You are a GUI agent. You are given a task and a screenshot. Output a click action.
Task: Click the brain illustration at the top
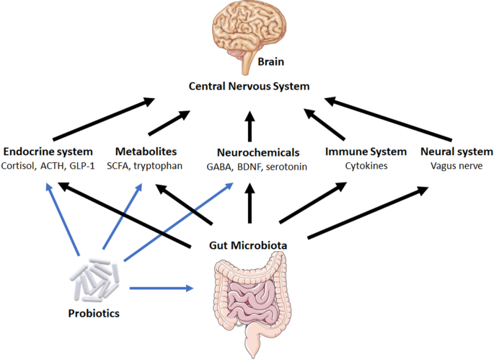coord(248,33)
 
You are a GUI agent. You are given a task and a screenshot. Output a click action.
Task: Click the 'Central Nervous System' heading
coord(249,87)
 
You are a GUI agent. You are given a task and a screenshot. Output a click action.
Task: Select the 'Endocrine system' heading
coord(48,152)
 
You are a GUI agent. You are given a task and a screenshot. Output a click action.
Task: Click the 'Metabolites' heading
coord(146,152)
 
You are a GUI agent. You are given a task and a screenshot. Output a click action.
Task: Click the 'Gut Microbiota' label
coord(250,245)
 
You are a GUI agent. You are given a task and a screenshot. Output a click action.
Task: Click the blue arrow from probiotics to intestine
coord(162,289)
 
